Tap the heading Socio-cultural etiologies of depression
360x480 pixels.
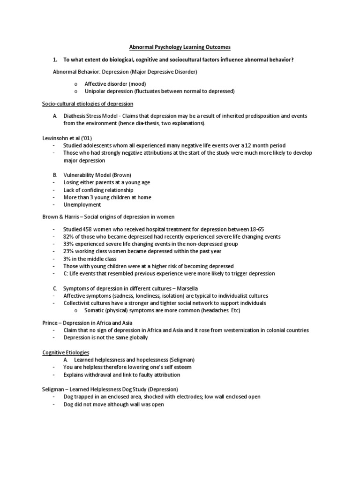(86, 103)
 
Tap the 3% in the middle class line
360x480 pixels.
(67, 259)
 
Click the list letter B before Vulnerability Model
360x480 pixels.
(55, 175)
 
